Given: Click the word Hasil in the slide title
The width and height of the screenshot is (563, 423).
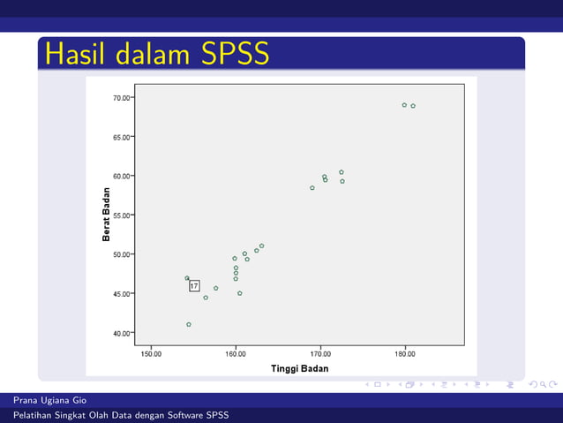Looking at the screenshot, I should click(x=76, y=55).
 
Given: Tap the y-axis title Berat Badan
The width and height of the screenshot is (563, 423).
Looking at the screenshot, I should click(x=106, y=215).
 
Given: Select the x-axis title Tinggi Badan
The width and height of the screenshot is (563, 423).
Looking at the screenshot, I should click(x=299, y=368).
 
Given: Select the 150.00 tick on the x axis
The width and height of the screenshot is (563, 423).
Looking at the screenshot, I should click(x=152, y=353).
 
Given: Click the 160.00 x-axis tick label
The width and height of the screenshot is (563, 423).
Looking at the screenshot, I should click(x=236, y=353).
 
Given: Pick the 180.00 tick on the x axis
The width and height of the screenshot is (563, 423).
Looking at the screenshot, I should click(x=405, y=353).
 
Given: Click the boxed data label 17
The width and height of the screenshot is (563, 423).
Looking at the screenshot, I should click(x=194, y=286).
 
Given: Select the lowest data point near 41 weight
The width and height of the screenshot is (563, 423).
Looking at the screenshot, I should click(x=189, y=325).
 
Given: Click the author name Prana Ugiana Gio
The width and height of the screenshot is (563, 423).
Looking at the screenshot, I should click(x=49, y=401).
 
